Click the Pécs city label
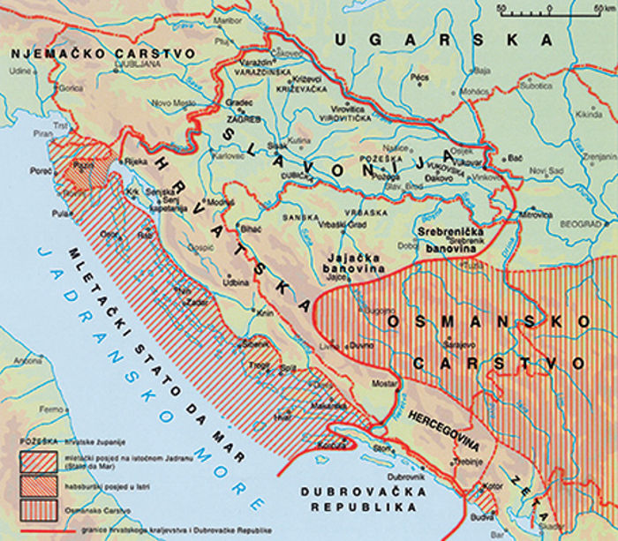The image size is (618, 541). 419,79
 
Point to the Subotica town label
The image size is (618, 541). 532,86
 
